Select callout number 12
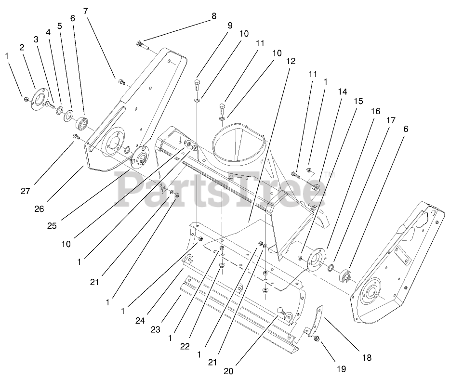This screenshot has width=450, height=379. (290, 62)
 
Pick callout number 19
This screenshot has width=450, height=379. (341, 369)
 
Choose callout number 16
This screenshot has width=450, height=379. (375, 110)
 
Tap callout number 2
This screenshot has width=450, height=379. (22, 47)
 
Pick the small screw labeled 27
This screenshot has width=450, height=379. (75, 138)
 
